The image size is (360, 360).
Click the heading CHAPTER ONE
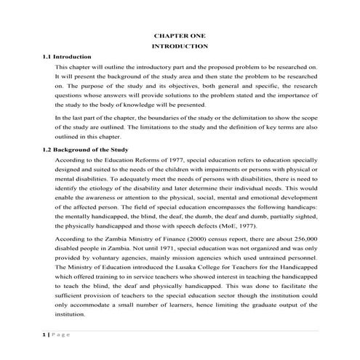(x=181, y=35)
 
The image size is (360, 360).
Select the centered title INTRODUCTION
(x=181, y=46)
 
